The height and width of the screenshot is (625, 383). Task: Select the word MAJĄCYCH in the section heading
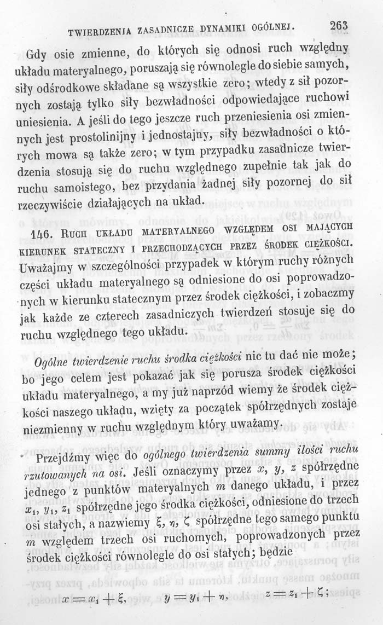(x=334, y=225)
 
